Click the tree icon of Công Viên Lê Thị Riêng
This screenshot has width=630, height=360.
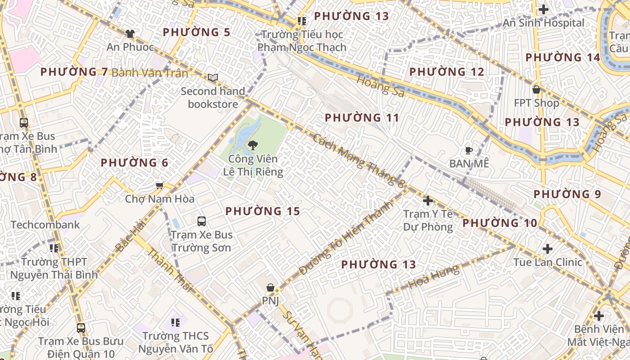click(252, 145)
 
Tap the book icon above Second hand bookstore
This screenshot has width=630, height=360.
click(213, 77)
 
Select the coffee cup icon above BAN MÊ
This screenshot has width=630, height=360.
click(468, 150)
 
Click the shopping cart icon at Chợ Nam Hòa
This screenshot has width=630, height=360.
click(159, 185)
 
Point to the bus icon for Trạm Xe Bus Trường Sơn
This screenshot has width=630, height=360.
click(202, 221)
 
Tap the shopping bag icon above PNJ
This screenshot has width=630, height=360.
click(270, 287)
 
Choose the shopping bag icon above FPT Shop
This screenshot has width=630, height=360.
click(536, 90)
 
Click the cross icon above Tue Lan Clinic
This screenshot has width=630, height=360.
click(548, 248)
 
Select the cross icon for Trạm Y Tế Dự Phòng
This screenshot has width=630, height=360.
click(428, 200)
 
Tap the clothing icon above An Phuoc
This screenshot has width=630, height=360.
click(130, 33)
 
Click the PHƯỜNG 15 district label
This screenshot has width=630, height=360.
click(263, 211)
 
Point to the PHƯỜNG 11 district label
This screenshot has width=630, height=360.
click(362, 118)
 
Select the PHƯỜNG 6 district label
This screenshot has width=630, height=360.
click(135, 163)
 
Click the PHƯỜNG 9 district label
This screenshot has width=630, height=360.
click(567, 194)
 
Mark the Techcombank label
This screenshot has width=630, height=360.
click(45, 225)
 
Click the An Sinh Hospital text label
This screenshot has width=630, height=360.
click(544, 23)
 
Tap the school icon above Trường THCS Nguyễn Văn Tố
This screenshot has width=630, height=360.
click(175, 322)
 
